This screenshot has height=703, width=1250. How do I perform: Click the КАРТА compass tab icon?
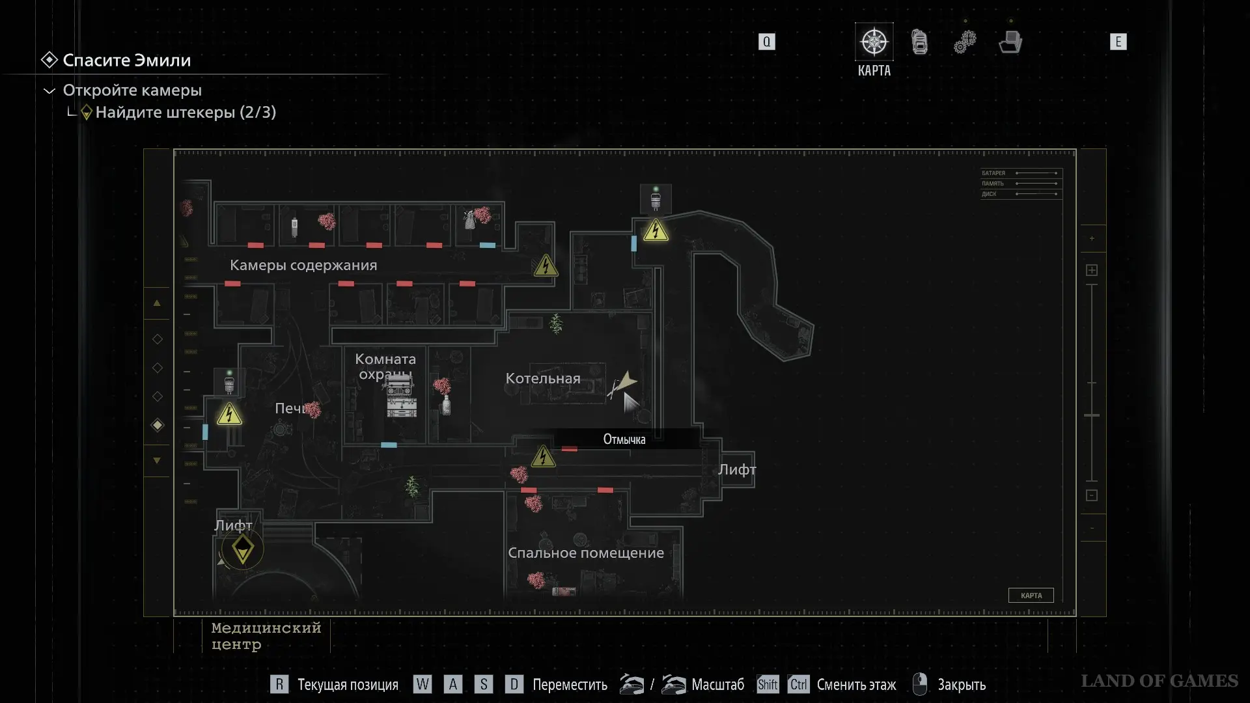874,42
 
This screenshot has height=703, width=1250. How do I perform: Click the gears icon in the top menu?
965,42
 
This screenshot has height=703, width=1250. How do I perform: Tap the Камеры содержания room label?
303,266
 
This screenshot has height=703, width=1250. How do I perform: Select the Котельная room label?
543,379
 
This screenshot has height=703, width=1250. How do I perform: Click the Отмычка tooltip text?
624,439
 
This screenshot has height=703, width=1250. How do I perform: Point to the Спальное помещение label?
586,553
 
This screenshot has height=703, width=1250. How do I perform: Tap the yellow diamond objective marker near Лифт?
243,549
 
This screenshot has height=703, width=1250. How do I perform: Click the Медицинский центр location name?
266,636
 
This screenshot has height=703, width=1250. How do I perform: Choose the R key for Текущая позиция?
279,685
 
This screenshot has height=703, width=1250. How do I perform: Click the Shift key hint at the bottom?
768,685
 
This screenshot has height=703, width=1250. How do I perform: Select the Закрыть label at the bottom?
962,685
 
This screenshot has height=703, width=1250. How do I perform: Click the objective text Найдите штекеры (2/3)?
186,113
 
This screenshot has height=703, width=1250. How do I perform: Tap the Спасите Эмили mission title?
127,61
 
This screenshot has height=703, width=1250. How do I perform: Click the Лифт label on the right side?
737,470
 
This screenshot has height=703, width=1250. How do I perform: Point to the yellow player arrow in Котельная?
626,381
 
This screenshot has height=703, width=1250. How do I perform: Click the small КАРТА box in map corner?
1031,596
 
